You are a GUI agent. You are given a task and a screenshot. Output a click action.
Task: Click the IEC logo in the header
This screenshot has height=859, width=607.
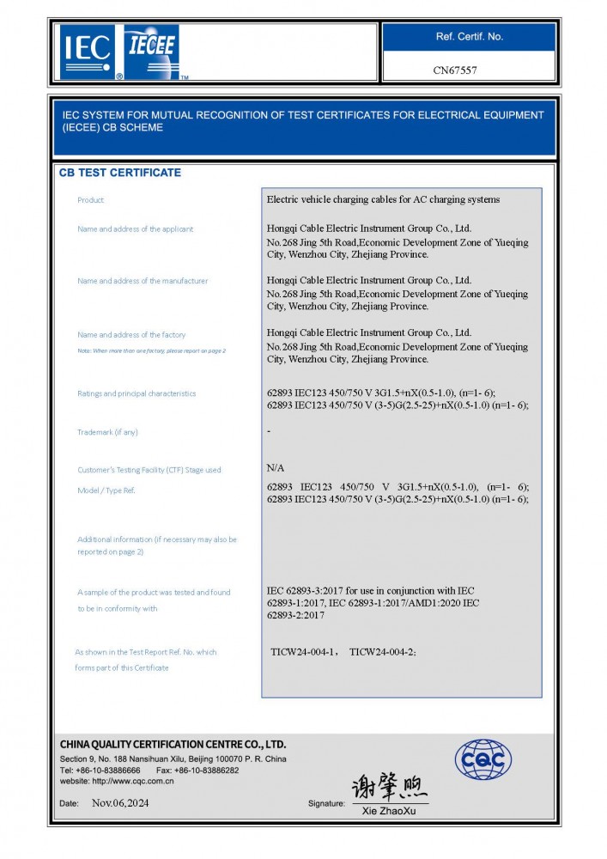coord(87,52)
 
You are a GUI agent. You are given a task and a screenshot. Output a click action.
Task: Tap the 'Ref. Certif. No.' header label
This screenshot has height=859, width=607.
coord(469,37)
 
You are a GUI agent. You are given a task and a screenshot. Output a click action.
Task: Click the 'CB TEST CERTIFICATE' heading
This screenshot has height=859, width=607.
coord(119,173)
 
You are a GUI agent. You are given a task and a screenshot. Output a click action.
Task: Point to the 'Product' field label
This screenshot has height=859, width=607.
coord(90,200)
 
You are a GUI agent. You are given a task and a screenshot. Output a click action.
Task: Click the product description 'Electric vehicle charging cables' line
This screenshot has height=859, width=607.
coord(383,200)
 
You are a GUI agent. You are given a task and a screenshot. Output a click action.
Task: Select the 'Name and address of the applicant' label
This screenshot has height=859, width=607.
coord(135,229)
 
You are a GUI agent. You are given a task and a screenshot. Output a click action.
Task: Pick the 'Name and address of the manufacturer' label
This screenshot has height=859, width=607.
coord(142,281)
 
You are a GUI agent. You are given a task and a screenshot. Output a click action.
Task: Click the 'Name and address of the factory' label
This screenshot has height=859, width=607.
coord(131,335)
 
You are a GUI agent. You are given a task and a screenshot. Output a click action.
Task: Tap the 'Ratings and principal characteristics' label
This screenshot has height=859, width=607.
coord(136,393)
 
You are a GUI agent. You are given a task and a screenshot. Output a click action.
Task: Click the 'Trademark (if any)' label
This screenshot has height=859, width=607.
coord(106,432)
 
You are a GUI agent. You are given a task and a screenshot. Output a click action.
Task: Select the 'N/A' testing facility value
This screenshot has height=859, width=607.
coord(276,469)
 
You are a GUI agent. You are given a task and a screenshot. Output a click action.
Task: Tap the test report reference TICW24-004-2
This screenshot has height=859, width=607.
coord(383,653)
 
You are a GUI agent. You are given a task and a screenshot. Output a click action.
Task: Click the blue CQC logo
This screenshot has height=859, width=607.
coord(483,759)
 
